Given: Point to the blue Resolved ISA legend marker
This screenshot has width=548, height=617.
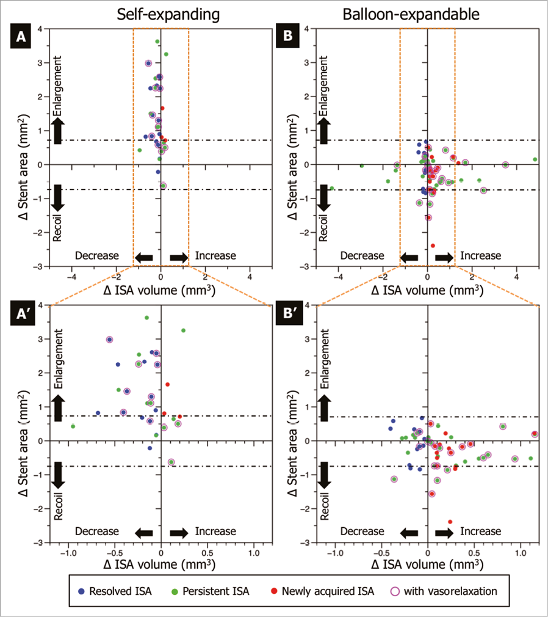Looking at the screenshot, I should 82,591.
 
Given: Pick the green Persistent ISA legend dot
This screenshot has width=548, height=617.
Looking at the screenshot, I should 173,591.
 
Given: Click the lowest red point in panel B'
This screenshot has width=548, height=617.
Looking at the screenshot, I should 450,522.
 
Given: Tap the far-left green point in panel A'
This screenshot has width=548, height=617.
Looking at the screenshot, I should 73,426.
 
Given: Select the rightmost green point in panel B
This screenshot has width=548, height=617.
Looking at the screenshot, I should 535,159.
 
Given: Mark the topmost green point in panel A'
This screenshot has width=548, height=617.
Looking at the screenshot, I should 146,318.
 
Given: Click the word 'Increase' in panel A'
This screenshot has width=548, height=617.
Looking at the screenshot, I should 215,532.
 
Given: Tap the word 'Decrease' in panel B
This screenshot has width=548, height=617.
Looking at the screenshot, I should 362,256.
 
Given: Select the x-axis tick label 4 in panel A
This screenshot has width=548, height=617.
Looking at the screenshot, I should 250,276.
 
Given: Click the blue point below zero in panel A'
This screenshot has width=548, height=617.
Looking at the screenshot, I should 150,448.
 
